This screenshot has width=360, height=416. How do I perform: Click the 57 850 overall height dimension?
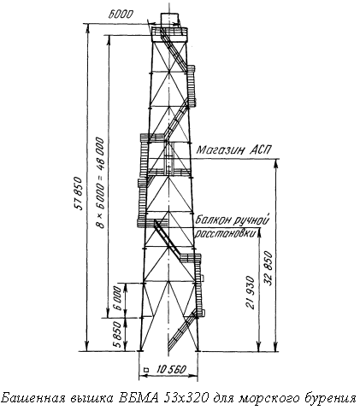coord(80,193)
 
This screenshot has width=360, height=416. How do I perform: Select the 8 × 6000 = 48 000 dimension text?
coord(100,183)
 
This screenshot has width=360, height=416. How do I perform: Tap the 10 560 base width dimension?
coord(171,369)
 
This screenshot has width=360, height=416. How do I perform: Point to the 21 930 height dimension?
coord(250,292)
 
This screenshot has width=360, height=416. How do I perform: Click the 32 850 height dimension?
coord(269,268)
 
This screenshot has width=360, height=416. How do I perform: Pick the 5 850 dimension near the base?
coord(118,335)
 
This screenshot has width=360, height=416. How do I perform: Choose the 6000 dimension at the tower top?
coord(121,15)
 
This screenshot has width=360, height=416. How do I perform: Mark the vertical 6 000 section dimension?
coord(118,298)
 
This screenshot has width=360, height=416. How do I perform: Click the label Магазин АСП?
coord(233,149)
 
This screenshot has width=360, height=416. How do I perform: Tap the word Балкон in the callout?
coord(213,220)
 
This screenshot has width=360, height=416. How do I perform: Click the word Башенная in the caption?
coord(33,397)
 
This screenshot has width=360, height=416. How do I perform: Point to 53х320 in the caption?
coord(186,397)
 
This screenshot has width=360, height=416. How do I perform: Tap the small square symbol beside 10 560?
coord(147,370)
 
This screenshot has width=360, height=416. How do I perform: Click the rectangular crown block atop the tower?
coord(170,20)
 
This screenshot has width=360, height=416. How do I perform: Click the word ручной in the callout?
coord(251,220)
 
